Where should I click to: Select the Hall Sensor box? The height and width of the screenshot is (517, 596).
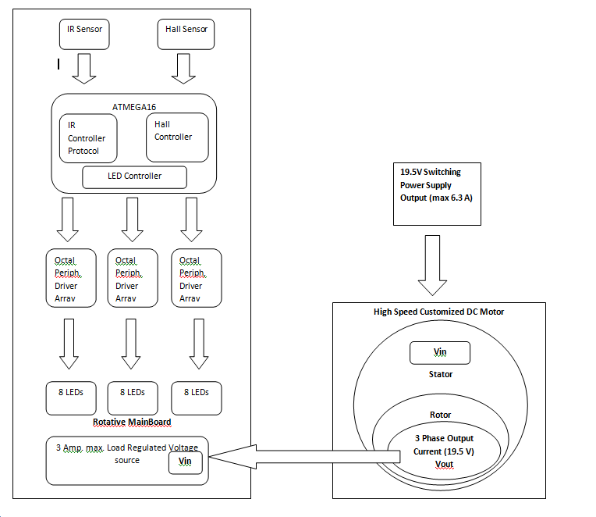point(186,34)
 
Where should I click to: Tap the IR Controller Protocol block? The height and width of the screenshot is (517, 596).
point(87,138)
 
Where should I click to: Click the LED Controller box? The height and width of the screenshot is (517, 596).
point(134,176)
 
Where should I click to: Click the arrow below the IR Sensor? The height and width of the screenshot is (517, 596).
point(83,68)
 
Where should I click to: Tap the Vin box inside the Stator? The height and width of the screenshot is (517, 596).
point(439,352)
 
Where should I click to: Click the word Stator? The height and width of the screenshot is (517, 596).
point(440,374)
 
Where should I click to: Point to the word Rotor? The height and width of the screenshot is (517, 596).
point(440,415)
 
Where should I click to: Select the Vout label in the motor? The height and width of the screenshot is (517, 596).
point(443,464)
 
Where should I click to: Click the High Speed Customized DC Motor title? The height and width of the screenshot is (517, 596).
point(439,312)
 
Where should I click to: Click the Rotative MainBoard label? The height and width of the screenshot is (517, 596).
point(132,423)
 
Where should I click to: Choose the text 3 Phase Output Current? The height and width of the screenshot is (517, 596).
point(443,444)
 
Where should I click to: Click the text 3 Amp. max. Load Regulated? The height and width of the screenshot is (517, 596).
point(125,447)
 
